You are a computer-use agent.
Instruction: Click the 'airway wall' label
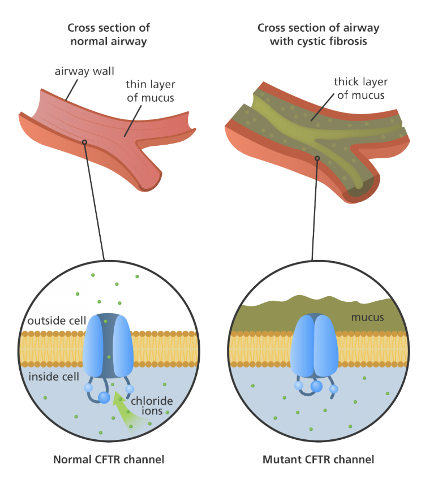click(x=84, y=71)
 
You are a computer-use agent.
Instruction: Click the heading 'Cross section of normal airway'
click(x=109, y=34)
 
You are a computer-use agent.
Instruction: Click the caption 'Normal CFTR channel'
click(x=109, y=459)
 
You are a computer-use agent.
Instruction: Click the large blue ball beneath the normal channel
click(x=104, y=398)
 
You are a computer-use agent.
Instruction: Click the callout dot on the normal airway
click(x=84, y=142)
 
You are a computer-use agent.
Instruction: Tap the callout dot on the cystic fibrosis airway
click(x=317, y=158)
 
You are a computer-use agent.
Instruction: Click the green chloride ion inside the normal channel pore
click(x=109, y=357)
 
